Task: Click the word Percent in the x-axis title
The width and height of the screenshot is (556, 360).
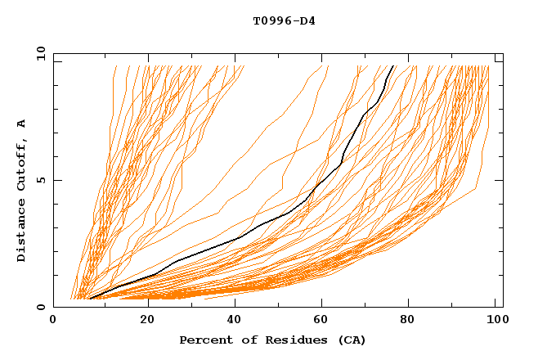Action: click(203, 340)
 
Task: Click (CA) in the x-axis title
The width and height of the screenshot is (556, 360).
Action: click(352, 340)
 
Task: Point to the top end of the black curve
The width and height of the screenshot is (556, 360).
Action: click(393, 66)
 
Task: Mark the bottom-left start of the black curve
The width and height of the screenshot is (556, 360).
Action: click(89, 299)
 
